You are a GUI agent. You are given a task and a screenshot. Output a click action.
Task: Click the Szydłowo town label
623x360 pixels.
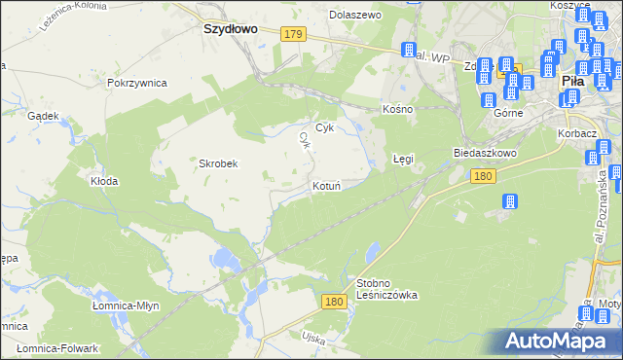coord(230,29)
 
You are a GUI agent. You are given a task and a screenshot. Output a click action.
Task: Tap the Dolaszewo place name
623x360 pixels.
coord(355,16)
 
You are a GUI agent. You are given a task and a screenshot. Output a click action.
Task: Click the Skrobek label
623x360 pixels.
coord(219,163)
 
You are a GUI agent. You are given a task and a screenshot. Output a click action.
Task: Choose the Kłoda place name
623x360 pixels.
coord(104,181)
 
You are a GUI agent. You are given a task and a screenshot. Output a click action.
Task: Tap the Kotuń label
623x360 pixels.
coord(326,186)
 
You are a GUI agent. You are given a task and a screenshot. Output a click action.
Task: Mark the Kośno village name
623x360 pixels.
coord(398,109)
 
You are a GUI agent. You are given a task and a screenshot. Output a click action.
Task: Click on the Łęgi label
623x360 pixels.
coord(403,158)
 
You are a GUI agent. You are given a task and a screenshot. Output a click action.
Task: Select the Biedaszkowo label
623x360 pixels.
coord(484,154)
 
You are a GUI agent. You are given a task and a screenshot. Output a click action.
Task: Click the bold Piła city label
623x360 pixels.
coord(571,82)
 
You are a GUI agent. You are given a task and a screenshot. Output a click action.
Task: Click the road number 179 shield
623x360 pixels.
coord(296,34)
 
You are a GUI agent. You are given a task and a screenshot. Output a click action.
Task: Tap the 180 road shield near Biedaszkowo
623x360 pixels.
coord(483,176)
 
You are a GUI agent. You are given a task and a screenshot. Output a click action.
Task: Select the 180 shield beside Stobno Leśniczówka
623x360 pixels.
coord(335,303)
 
